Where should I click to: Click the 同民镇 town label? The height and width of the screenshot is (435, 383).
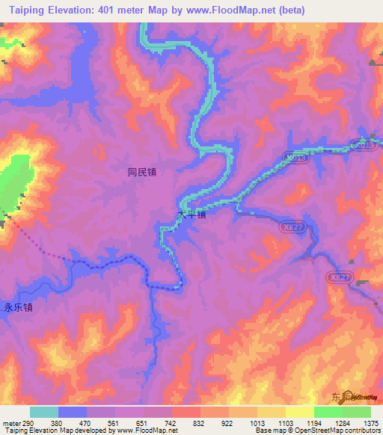[141, 171]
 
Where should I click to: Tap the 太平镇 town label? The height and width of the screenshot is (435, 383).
[191, 215]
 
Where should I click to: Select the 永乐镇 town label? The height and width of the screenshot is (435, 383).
[19, 307]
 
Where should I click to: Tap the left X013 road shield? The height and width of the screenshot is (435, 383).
[295, 158]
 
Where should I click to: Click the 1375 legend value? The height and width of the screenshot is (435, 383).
[369, 422]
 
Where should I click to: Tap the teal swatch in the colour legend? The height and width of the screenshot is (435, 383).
[44, 412]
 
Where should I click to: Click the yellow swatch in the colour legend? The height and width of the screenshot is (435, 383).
[299, 412]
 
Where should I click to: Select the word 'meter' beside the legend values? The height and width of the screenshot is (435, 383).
[11, 422]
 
